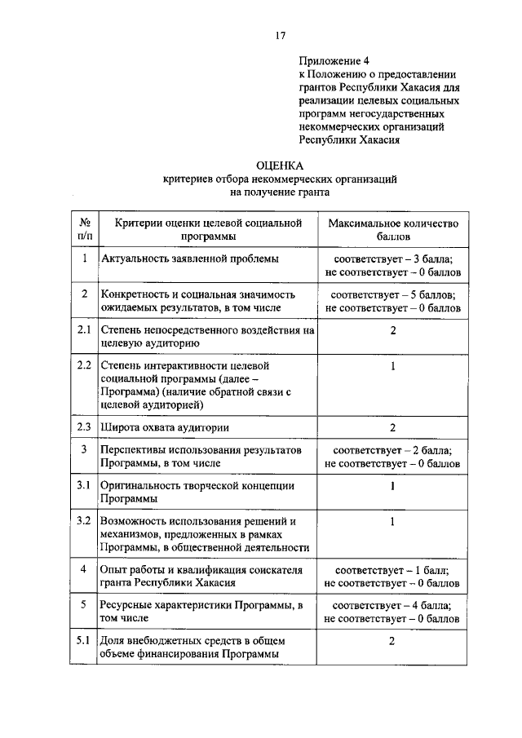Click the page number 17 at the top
click(x=279, y=34)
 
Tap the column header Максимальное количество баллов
click(x=393, y=229)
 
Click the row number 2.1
click(x=82, y=331)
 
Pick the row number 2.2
click(x=82, y=365)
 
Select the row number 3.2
click(x=82, y=520)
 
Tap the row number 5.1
click(x=82, y=640)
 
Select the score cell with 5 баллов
click(x=393, y=301)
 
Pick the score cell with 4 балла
click(x=393, y=612)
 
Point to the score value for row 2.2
click(x=393, y=366)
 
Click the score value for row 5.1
click(x=393, y=641)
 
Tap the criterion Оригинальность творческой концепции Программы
click(x=197, y=492)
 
